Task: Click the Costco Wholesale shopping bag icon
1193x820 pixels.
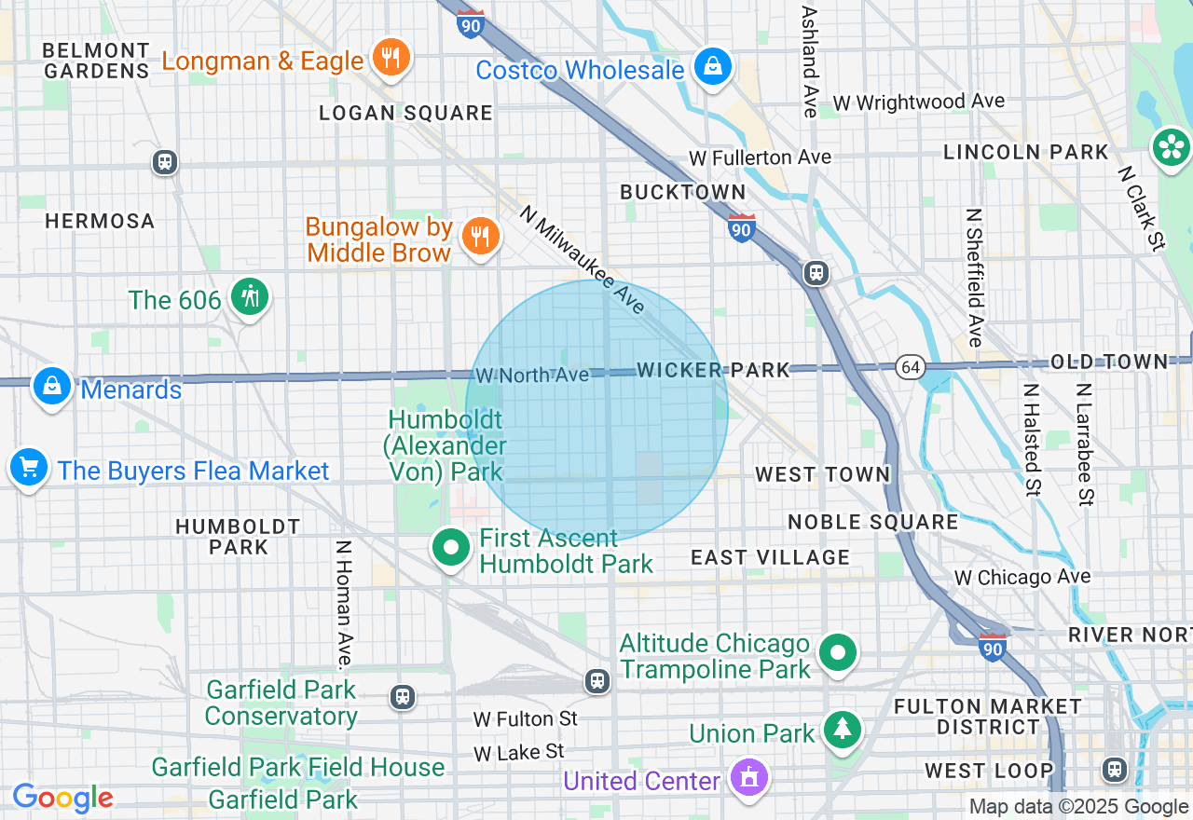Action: [713, 66]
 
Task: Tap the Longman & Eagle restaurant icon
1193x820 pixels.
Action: [391, 58]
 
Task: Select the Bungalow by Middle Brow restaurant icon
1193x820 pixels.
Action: [480, 237]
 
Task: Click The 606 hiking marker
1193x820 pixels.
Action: [249, 297]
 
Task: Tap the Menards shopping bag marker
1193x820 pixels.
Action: [52, 386]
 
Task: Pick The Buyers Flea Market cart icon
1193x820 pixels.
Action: [29, 467]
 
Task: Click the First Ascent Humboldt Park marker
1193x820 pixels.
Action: [451, 548]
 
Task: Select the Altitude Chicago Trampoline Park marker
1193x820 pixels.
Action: [838, 653]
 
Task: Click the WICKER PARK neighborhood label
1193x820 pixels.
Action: [713, 370]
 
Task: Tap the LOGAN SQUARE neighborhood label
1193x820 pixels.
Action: [405, 113]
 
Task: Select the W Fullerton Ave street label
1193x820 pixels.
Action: [760, 157]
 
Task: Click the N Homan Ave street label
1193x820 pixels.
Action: [344, 604]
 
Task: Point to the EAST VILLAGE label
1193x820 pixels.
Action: [770, 557]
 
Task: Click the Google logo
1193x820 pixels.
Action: [62, 798]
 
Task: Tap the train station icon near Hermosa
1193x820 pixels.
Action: [165, 162]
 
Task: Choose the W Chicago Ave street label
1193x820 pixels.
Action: [1022, 577]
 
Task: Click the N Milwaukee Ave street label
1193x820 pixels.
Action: [583, 259]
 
